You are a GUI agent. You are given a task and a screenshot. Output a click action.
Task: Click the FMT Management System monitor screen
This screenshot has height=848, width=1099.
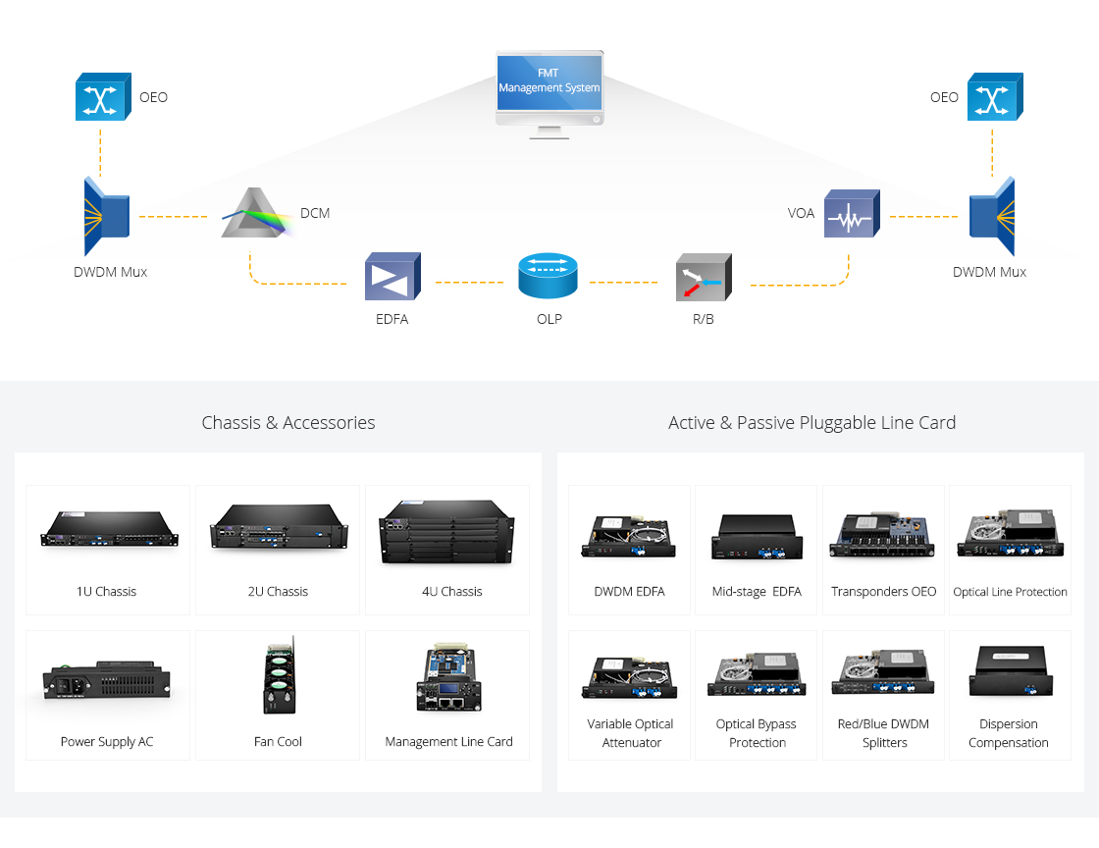tap(549, 82)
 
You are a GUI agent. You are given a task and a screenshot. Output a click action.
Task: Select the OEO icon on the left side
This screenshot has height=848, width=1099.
tap(103, 97)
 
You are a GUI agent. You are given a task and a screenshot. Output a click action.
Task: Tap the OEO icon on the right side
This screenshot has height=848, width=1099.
tap(995, 97)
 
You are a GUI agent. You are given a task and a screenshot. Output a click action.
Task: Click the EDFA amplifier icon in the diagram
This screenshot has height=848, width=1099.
tap(392, 276)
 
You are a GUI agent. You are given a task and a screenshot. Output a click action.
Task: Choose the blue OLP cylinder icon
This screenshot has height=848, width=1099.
tap(549, 276)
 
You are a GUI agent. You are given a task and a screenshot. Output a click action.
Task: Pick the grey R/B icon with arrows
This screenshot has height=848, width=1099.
tap(704, 278)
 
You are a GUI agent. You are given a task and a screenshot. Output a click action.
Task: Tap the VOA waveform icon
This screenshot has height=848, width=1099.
tap(852, 214)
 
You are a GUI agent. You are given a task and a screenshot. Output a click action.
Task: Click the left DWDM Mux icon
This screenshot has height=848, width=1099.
tap(107, 217)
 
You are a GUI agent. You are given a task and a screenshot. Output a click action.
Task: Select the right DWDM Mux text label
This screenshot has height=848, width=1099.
tap(989, 272)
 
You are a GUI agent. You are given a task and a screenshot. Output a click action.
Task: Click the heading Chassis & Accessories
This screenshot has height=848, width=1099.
tap(288, 423)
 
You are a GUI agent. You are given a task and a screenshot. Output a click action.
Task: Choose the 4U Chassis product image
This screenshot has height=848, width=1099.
tap(446, 532)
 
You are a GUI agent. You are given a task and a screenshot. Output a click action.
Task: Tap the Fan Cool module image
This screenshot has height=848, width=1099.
tap(279, 675)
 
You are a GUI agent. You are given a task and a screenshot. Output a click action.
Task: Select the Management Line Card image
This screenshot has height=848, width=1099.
tap(448, 677)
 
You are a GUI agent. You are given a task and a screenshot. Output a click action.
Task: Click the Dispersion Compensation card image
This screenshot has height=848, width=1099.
tap(1011, 671)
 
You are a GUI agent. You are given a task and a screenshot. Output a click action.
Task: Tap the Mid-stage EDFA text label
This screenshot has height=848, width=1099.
tap(757, 592)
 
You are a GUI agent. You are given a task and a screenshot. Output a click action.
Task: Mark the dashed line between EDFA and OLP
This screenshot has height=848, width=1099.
tap(470, 283)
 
